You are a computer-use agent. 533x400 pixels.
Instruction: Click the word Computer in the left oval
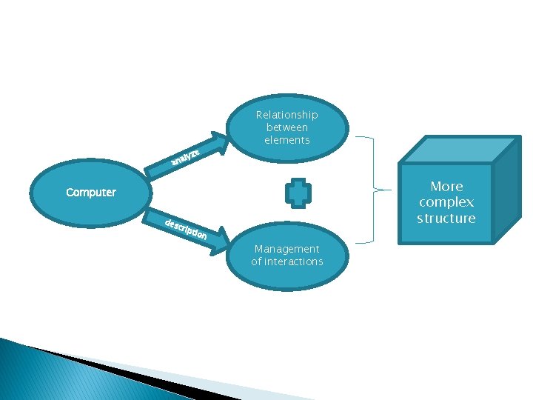pos(91,193)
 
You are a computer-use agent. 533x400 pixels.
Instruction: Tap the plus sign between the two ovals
pos(298,193)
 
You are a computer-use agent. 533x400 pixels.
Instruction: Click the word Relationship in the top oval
pos(286,115)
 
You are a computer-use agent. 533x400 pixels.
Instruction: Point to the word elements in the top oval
pos(286,140)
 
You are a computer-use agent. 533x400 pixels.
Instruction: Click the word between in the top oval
pos(286,127)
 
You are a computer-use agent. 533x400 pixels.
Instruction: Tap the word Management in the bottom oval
pos(286,249)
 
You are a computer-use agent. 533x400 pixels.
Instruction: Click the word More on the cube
pos(446,186)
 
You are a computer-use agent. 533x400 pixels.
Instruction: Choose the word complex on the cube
pos(446,202)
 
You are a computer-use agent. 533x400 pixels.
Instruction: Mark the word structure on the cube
pos(446,219)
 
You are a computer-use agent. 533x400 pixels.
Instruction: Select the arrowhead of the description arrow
pos(221,244)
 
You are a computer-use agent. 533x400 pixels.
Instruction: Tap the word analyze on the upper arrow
pos(185,156)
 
